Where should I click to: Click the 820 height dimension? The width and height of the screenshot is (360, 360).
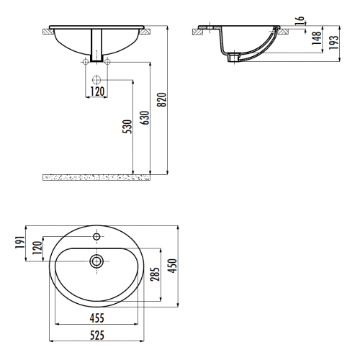(161, 99)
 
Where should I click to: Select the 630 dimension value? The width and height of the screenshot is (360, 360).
(145, 117)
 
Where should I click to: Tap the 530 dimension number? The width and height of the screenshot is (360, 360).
(127, 127)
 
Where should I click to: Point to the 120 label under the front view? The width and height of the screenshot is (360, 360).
(97, 91)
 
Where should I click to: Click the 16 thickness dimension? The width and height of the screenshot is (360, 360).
(300, 21)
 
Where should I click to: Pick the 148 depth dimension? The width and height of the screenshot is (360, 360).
(317, 38)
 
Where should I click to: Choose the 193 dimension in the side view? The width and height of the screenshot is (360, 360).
(333, 42)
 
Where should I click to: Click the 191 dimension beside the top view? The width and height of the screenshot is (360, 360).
(20, 243)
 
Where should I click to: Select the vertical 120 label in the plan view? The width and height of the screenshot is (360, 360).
(37, 248)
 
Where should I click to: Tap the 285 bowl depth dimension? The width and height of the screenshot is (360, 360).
(155, 274)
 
